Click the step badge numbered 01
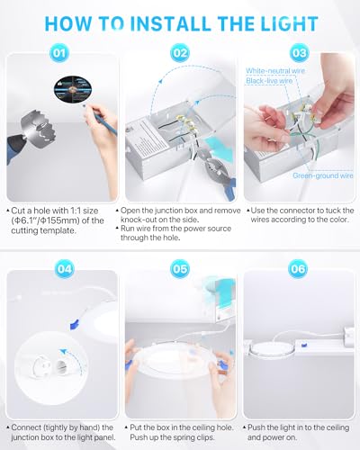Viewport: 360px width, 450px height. point(59,53)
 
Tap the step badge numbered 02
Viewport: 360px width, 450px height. point(180,53)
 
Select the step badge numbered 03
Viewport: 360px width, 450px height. point(299,53)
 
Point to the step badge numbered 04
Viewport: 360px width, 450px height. point(65,269)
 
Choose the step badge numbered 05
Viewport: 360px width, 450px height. point(180,269)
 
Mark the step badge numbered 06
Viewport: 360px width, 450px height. point(298,269)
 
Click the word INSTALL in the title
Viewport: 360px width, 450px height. point(171,23)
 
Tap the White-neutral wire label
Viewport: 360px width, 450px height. point(275,71)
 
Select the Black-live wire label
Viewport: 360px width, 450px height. point(269,81)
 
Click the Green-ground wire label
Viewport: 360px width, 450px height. point(323,175)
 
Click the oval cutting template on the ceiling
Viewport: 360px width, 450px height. point(73,89)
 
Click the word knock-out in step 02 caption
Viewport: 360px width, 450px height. point(138,220)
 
